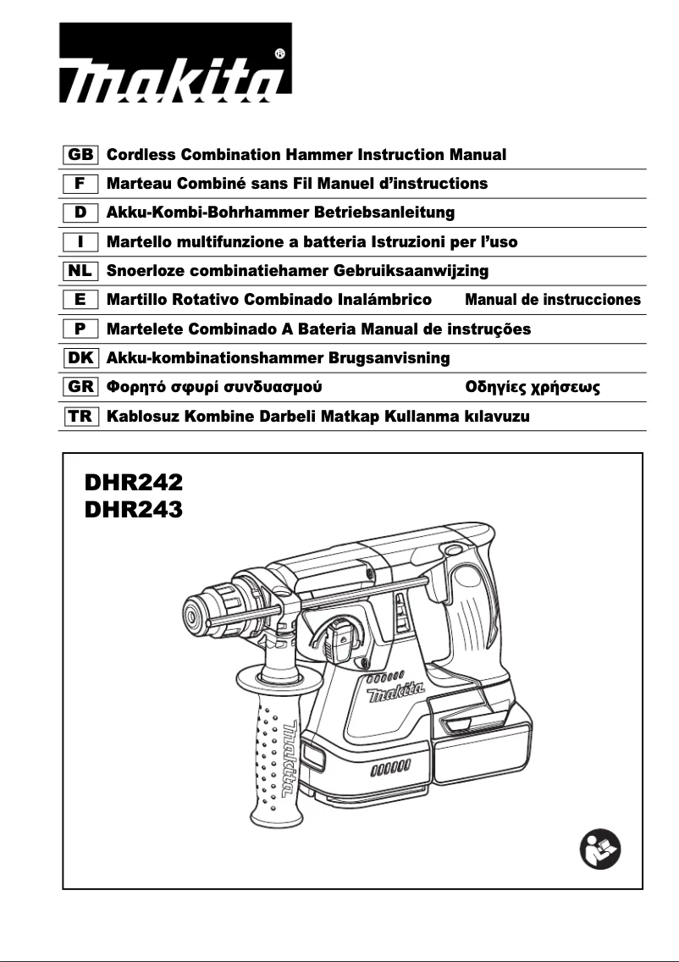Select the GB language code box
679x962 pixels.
point(82,155)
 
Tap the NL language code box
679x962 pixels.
point(82,271)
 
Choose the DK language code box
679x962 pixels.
point(82,358)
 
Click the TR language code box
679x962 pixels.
point(82,417)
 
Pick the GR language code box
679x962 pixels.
point(82,388)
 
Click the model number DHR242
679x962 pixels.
point(134,484)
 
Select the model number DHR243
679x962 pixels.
point(134,510)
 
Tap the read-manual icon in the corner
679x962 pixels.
point(601,849)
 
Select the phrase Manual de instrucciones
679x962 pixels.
point(553,300)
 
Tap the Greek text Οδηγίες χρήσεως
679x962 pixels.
point(533,388)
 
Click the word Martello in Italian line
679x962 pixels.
point(139,242)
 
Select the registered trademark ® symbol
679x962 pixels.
point(279,53)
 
